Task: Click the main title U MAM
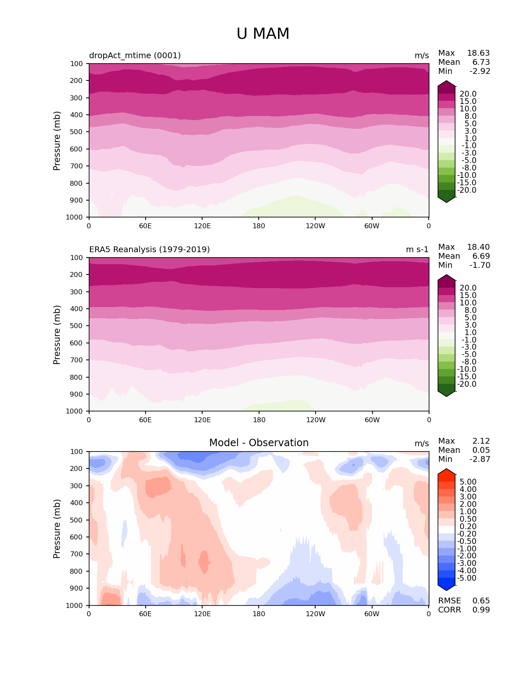click(x=263, y=34)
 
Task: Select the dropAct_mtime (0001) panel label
click(x=135, y=56)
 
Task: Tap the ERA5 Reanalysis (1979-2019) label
click(x=149, y=250)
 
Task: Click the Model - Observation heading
click(x=259, y=443)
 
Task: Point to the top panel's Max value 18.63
click(x=478, y=53)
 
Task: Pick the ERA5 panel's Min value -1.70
click(x=480, y=265)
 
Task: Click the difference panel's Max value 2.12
click(x=481, y=441)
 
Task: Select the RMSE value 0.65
click(x=481, y=601)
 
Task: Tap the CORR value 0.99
click(x=481, y=610)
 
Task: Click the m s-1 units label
click(x=417, y=250)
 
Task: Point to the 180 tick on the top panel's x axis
click(x=259, y=226)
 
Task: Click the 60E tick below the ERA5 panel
click(x=145, y=420)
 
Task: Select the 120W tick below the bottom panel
click(x=315, y=614)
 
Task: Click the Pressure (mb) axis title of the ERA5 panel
click(x=57, y=335)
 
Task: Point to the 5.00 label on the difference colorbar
click(x=468, y=482)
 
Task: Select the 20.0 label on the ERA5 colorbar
click(x=468, y=288)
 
